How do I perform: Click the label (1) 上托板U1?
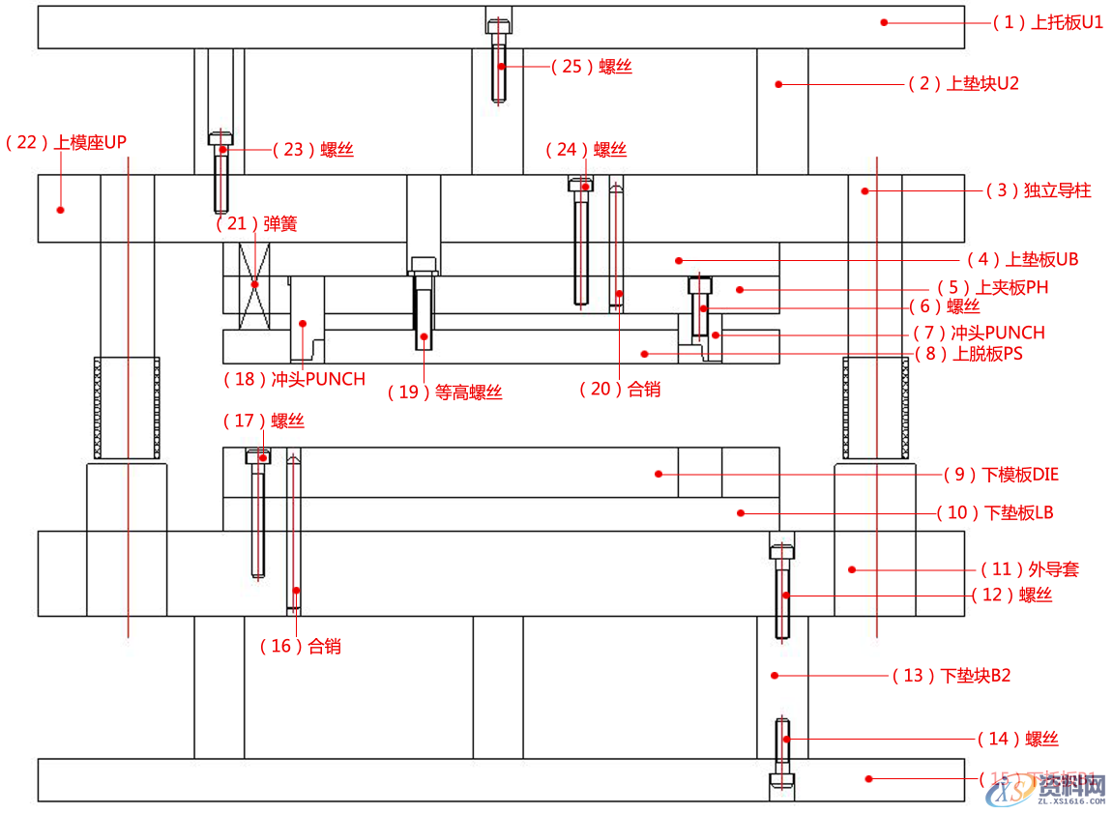pyautogui.click(x=1048, y=22)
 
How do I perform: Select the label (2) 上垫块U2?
pyautogui.click(x=963, y=84)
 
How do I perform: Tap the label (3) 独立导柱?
pyautogui.click(x=1039, y=190)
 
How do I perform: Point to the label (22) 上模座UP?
pyautogui.click(x=66, y=143)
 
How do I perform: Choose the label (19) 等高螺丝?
pyautogui.click(x=445, y=392)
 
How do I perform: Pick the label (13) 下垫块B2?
pyautogui.click(x=951, y=676)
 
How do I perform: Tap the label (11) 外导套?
pyautogui.click(x=1029, y=569)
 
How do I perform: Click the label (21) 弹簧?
pyautogui.click(x=256, y=224)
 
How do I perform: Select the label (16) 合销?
pyautogui.click(x=300, y=647)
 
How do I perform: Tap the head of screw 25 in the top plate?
pyautogui.click(x=498, y=26)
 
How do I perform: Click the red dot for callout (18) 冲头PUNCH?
pyautogui.click(x=303, y=324)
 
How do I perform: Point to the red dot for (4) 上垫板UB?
pyautogui.click(x=679, y=260)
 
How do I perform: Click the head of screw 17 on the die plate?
pyautogui.click(x=258, y=456)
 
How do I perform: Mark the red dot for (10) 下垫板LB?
pyautogui.click(x=740, y=512)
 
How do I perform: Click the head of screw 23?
pyautogui.click(x=220, y=138)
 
